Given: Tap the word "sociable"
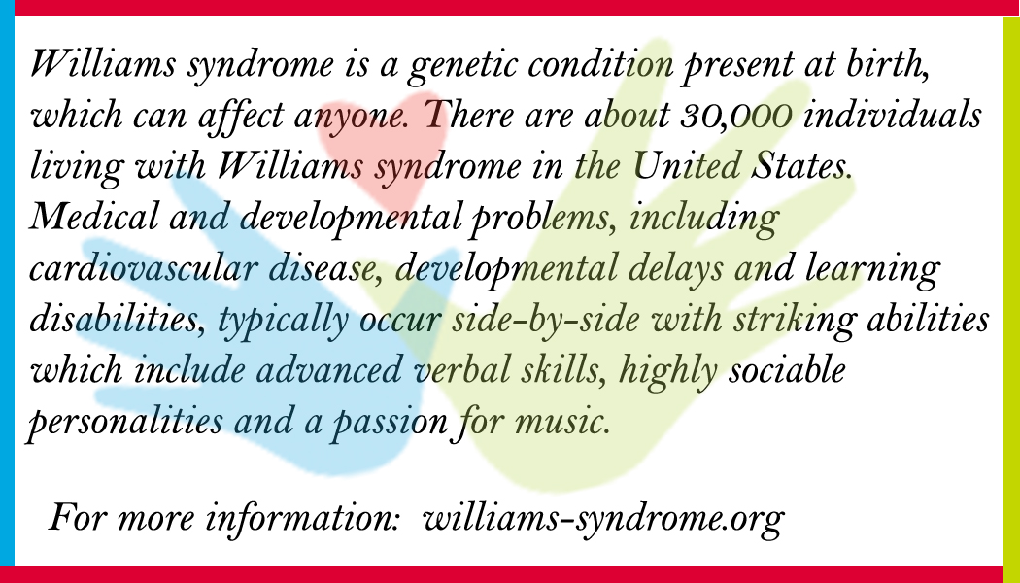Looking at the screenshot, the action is tap(787, 369).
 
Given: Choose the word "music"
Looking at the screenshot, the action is tap(562, 422).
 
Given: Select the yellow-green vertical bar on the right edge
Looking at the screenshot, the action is tap(1011, 291).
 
